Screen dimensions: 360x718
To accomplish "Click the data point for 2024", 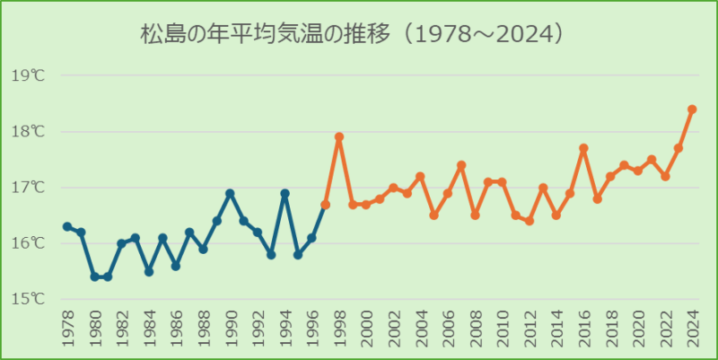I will tap(692, 110).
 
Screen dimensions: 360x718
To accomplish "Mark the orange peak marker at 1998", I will tap(339, 137).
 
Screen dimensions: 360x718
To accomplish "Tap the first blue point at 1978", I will tap(67, 226).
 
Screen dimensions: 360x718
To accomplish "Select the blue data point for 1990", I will tap(230, 193).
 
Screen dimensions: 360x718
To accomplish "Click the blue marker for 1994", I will tap(285, 193).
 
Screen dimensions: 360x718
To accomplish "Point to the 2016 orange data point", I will tap(583, 148).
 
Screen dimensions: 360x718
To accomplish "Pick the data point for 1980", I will tap(94, 277).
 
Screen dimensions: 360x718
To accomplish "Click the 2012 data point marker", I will tap(530, 221).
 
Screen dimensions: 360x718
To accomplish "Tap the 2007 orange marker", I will tap(461, 165).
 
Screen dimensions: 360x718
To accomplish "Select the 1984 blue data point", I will tap(149, 271).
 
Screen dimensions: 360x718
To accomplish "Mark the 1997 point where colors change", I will tap(326, 205).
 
